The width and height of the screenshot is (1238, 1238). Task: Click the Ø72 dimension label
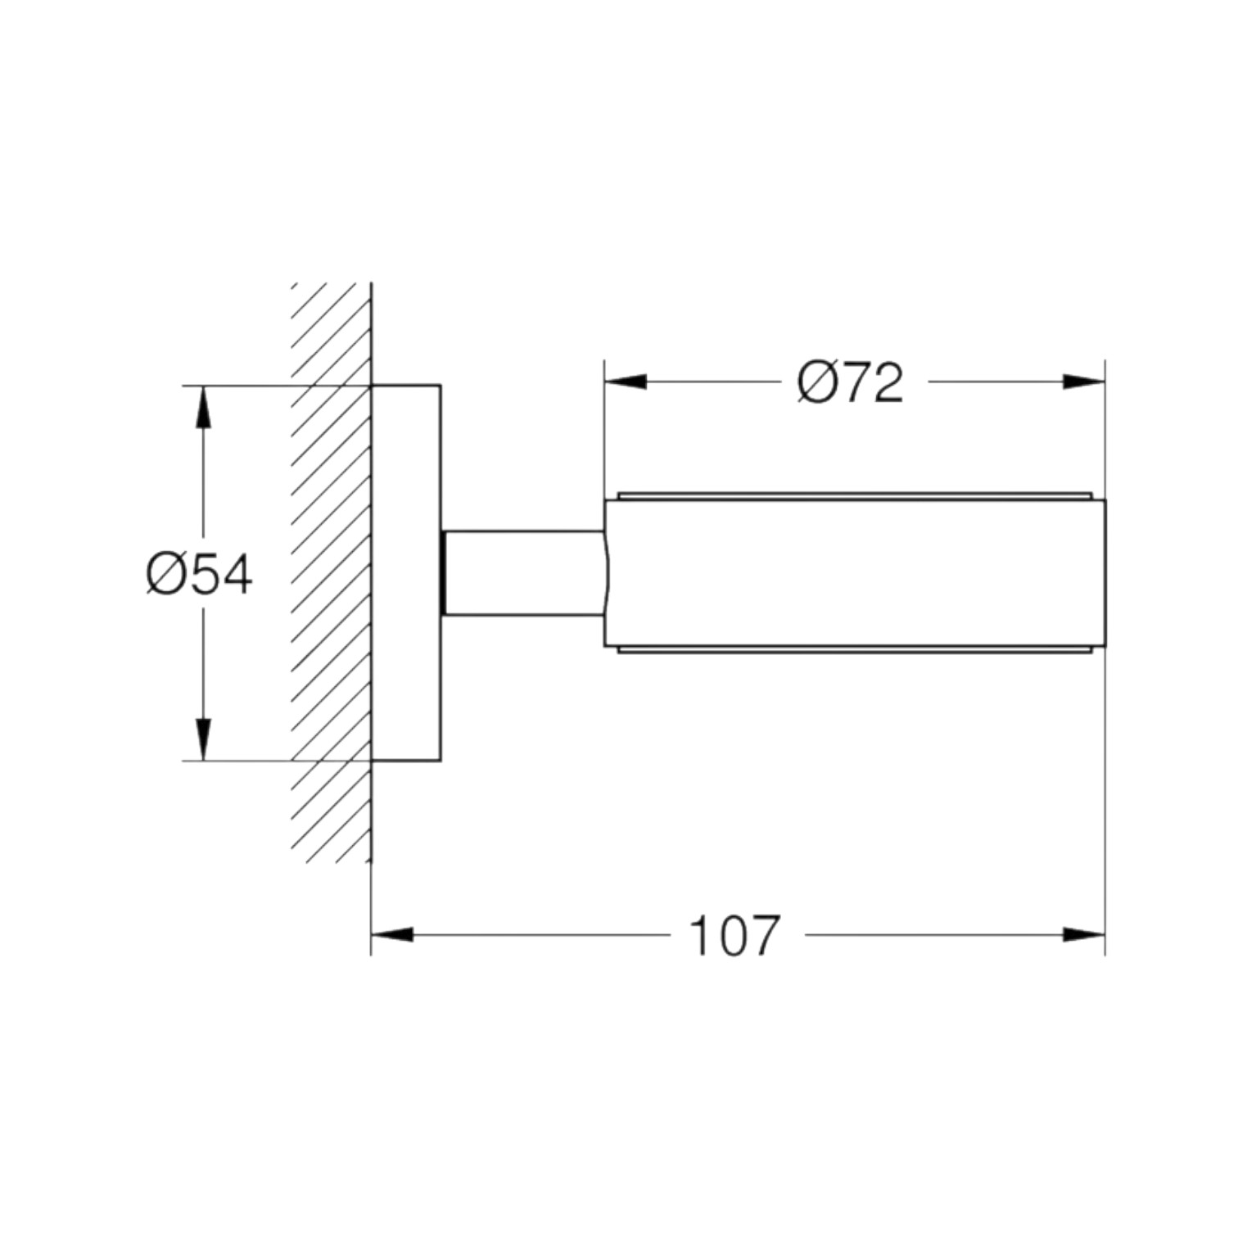pos(850,382)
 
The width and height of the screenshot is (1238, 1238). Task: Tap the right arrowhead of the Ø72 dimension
pos(1083,382)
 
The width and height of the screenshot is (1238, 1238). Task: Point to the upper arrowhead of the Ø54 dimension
pos(204,406)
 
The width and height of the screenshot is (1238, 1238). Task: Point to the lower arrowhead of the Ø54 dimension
pos(204,739)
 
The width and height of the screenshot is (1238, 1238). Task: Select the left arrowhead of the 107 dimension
pos(393,934)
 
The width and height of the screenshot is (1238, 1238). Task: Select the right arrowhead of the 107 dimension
pos(1083,934)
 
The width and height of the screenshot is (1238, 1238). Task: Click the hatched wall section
pos(332,572)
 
